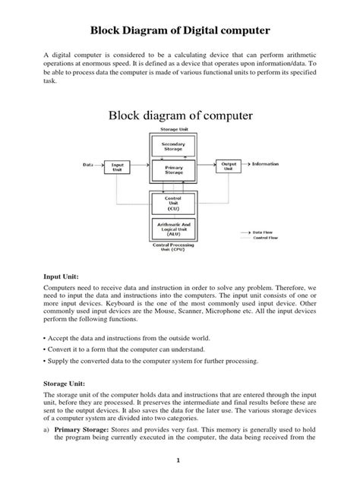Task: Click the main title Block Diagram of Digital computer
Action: [x=180, y=31]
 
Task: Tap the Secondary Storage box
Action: [x=174, y=146]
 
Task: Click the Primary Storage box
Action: [x=174, y=170]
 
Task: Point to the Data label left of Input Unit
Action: [x=88, y=163]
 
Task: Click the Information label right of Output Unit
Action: [x=265, y=163]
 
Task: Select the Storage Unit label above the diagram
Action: [x=174, y=131]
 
